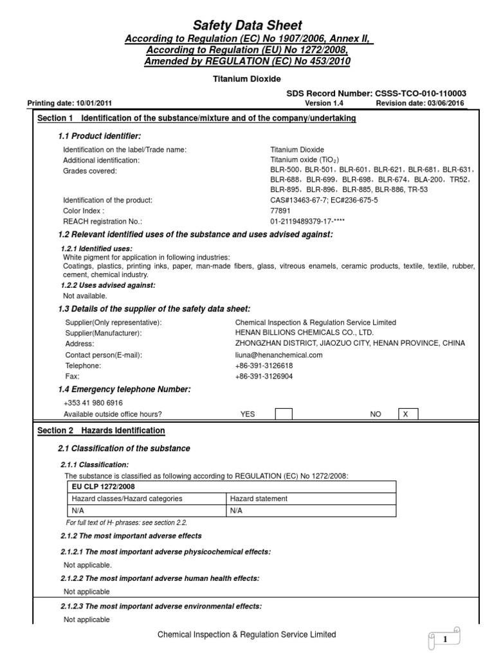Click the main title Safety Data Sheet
click(x=248, y=26)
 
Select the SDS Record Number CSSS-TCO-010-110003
click(x=376, y=93)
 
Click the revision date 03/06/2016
click(x=419, y=103)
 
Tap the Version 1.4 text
click(x=320, y=103)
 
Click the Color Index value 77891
click(x=280, y=210)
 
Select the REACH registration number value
click(x=308, y=220)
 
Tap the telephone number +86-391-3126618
click(x=264, y=366)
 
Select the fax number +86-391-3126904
click(x=264, y=376)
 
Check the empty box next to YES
click(x=284, y=414)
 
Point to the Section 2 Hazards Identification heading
click(x=101, y=431)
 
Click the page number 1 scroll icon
click(x=444, y=639)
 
